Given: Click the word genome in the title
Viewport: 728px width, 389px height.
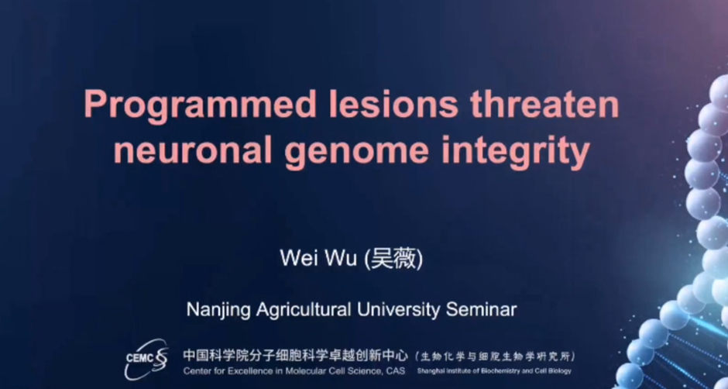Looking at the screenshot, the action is [x=356, y=153].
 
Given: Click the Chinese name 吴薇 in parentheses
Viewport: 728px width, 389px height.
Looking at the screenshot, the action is [x=393, y=259].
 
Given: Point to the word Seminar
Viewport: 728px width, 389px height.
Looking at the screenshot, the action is [x=482, y=309].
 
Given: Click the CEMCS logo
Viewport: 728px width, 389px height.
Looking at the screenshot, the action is [x=146, y=358].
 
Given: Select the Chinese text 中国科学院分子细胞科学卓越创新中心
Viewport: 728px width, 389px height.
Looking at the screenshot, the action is [x=295, y=356].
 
